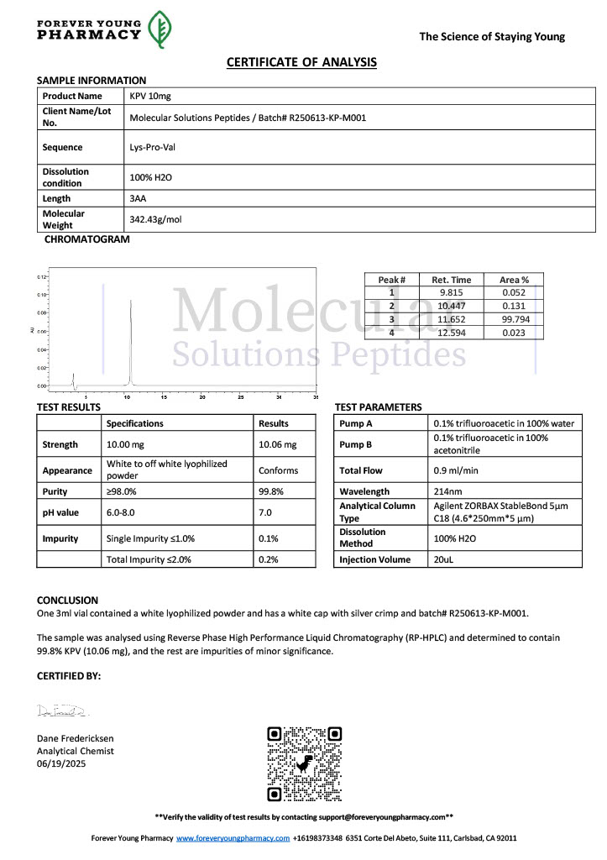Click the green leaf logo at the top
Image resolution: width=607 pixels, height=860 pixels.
160,29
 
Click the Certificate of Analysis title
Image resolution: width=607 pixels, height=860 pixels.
301,62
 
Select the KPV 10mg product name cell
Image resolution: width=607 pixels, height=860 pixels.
150,97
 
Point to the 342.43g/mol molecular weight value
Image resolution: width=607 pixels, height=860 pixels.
155,219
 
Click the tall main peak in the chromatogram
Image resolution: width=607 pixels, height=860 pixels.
130,336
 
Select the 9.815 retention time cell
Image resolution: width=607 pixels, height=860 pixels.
451,292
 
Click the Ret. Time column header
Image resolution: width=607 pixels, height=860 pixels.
451,280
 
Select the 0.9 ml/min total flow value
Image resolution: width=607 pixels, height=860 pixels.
454,471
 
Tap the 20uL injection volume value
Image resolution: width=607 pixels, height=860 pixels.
445,559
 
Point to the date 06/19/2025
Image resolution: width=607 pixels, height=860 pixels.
61,763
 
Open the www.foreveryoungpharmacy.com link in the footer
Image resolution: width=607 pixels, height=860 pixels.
233,838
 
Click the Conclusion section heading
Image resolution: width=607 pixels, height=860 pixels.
67,600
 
